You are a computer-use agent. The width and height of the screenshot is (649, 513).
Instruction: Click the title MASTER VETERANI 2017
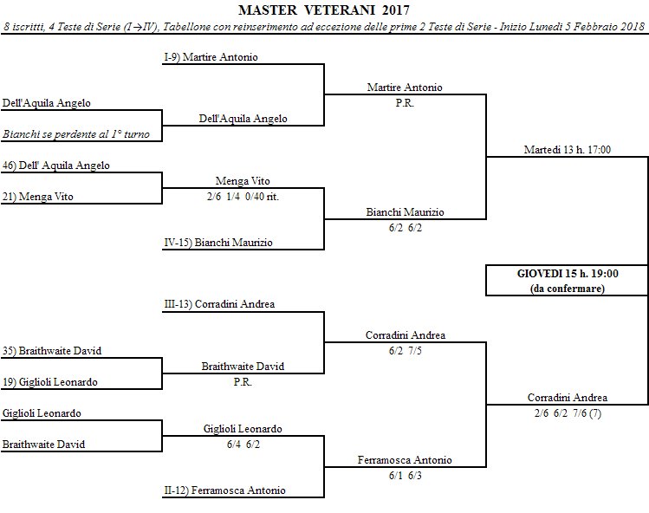pyautogui.click(x=325, y=10)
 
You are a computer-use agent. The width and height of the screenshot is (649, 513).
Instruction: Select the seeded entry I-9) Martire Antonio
pyautogui.click(x=211, y=57)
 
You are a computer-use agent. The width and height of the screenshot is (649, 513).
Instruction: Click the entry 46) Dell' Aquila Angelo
pyautogui.click(x=56, y=165)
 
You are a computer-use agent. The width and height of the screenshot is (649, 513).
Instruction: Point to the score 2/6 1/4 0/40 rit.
pyautogui.click(x=243, y=197)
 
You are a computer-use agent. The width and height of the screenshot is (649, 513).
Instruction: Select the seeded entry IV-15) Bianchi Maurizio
pyautogui.click(x=217, y=243)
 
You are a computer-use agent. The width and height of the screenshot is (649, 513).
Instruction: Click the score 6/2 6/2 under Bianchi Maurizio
pyautogui.click(x=405, y=228)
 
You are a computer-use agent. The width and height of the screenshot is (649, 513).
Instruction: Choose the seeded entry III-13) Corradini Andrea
pyautogui.click(x=219, y=305)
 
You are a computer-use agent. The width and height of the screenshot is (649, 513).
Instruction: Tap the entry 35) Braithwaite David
pyautogui.click(x=52, y=351)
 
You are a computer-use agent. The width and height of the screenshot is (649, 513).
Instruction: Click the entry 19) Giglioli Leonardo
pyautogui.click(x=49, y=382)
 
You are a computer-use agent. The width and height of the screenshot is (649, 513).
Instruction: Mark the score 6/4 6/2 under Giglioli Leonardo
pyautogui.click(x=243, y=444)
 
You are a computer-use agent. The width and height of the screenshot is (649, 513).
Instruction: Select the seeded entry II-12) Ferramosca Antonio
pyautogui.click(x=224, y=491)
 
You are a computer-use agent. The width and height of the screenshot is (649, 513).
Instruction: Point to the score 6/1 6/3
pyautogui.click(x=405, y=476)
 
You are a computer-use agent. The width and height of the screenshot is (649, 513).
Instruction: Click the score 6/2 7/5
pyautogui.click(x=405, y=351)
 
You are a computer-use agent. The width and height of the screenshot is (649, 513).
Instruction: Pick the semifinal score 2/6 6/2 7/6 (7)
pyautogui.click(x=567, y=413)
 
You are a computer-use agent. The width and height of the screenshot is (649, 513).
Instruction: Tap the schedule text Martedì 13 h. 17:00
pyautogui.click(x=567, y=150)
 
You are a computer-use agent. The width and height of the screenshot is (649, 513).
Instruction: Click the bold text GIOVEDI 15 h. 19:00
pyautogui.click(x=567, y=273)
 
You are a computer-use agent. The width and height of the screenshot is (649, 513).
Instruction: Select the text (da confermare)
pyautogui.click(x=567, y=288)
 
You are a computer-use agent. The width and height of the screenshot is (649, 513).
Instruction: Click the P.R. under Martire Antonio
pyautogui.click(x=405, y=103)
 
